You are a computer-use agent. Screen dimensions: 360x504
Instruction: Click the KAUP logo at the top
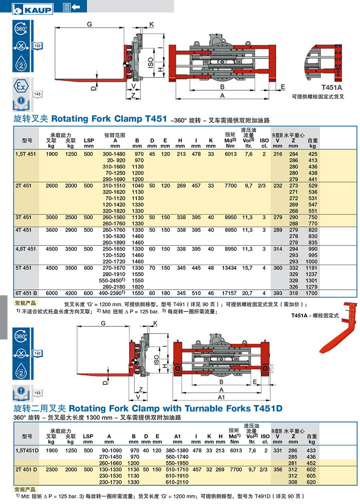pos(33,9)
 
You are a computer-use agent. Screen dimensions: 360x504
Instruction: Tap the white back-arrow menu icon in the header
pos(72,7)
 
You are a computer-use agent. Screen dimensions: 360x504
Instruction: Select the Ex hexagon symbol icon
pos(21,86)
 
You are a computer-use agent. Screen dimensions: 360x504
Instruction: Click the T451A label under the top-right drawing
pos(332,87)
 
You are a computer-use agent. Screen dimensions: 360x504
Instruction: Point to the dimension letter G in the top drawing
pos(89,24)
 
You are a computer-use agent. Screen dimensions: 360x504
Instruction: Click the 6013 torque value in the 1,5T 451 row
pos(230,154)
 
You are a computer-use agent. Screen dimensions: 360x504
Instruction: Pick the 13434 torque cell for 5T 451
pos(229,268)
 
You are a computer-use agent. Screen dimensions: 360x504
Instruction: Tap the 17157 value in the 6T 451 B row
pos(229,293)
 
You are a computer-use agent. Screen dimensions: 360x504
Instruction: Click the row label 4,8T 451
pos(26,249)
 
